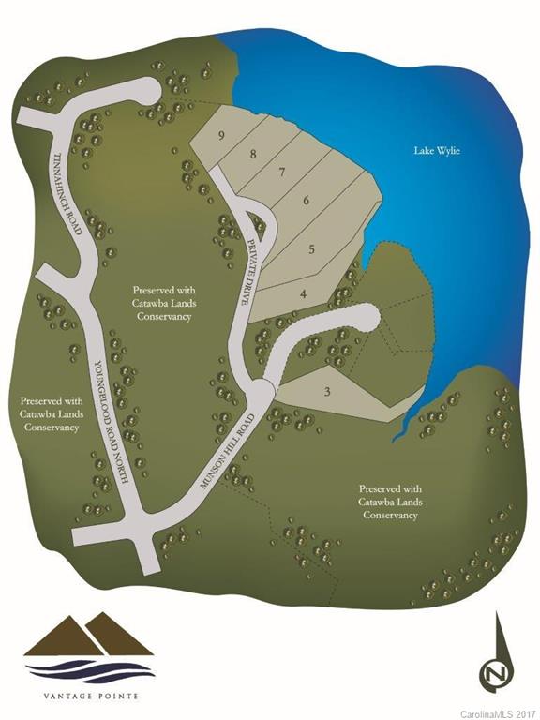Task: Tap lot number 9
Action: coord(221,135)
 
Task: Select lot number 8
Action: coord(252,154)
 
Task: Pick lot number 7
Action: coord(280,172)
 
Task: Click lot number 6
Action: coord(306,200)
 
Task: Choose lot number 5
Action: coord(312,249)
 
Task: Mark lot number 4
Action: coord(303,294)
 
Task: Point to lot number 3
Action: coord(326,392)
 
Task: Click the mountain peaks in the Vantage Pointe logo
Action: coord(89,637)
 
